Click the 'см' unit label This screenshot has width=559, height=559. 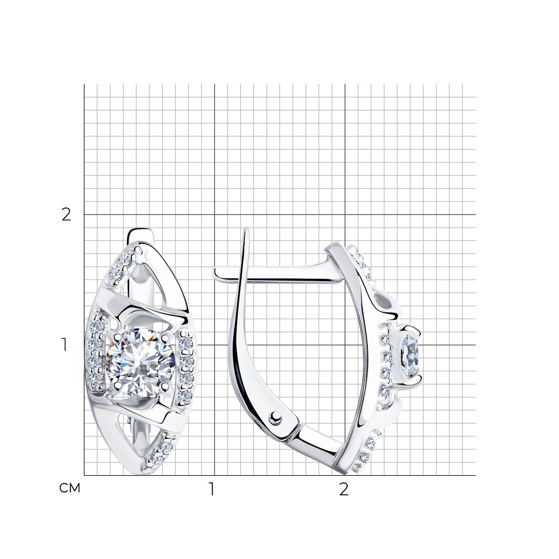point(70,489)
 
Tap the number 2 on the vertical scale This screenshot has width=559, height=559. point(67,215)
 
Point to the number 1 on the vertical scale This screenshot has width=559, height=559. point(64,345)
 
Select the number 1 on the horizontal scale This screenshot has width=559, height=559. point(212,489)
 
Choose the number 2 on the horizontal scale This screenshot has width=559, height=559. point(343,489)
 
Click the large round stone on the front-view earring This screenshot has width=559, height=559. point(141,361)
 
